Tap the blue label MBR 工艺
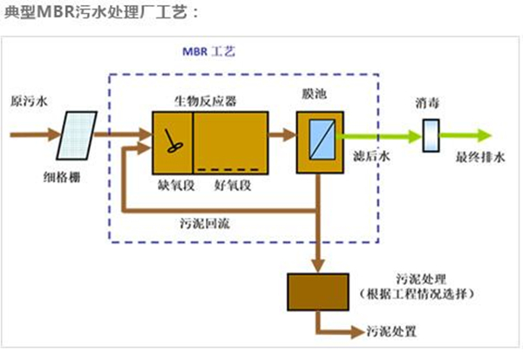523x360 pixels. [207, 52]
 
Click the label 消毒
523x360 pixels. [429, 104]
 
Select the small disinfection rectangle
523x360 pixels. [429, 136]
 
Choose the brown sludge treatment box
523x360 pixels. [318, 292]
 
